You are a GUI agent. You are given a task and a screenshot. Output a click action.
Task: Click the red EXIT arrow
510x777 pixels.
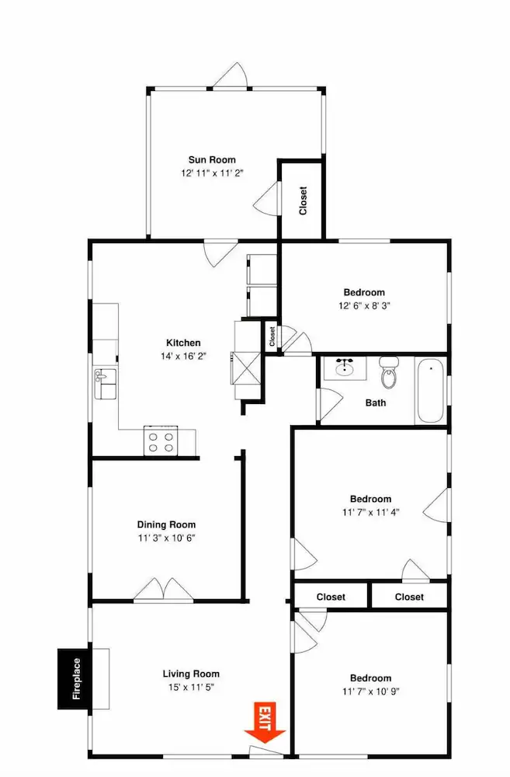265,723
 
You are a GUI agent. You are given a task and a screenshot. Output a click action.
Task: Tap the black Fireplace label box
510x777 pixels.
75,678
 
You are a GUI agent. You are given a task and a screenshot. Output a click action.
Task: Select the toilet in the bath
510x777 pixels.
389,373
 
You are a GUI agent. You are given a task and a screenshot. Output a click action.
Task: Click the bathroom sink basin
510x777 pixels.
344,368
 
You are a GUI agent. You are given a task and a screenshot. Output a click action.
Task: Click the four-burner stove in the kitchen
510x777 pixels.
161,441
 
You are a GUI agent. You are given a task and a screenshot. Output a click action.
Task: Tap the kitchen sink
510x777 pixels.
105,384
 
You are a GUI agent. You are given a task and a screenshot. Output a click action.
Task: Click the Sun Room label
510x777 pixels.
212,159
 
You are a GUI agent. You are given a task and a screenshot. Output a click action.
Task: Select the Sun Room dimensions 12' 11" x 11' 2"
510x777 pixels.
212,173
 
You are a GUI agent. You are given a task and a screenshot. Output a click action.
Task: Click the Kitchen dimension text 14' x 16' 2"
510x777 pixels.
183,356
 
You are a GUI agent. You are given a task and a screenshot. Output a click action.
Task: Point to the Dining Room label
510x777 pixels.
166,524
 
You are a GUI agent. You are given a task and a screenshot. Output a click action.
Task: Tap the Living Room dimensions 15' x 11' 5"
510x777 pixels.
191,687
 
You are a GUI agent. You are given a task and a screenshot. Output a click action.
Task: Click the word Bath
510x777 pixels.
376,402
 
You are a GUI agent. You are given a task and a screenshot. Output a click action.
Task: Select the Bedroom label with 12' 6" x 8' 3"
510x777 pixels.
364,292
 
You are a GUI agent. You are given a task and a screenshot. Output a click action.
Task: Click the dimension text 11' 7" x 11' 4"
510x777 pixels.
370,512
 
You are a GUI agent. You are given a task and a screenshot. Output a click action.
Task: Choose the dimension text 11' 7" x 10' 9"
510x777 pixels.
370,691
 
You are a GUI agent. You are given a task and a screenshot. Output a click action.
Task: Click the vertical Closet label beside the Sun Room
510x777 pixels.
303,200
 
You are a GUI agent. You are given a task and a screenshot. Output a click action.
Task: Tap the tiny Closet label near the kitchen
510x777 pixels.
272,336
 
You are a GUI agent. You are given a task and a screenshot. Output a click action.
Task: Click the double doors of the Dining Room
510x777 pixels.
163,590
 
